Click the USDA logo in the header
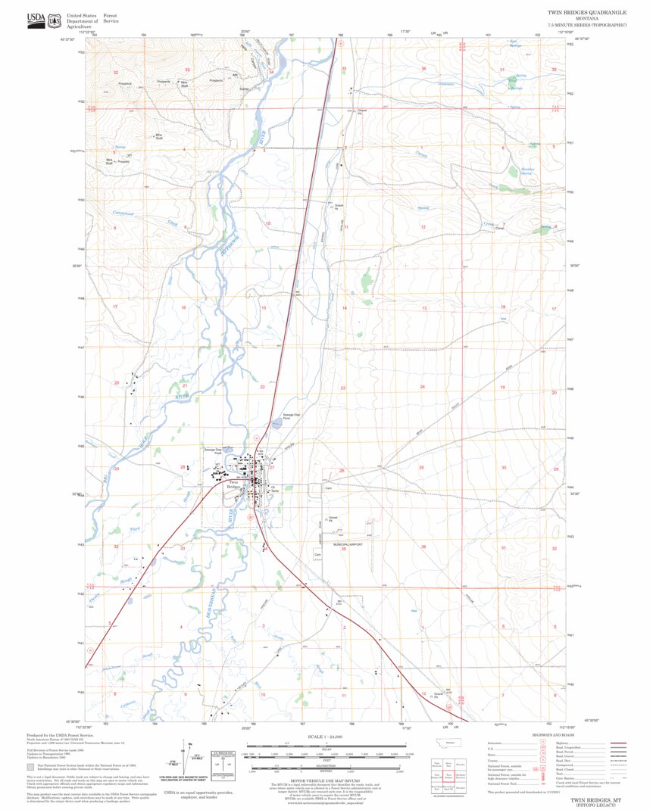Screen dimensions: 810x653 pyautogui.click(x=36, y=19)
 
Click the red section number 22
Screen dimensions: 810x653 pyautogui.click(x=262, y=387)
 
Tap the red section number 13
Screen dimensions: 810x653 pyautogui.click(x=424, y=308)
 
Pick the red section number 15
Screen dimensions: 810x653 pyautogui.click(x=264, y=308)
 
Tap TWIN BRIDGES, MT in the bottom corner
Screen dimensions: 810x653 pyautogui.click(x=592, y=799)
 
